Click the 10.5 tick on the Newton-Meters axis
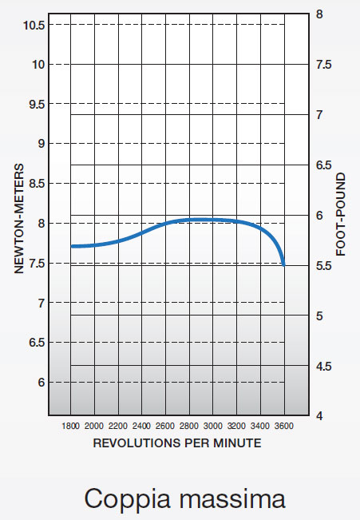coord(34,25)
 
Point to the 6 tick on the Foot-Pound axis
coord(319,216)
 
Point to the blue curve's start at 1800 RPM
coord(72,246)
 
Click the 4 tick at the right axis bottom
coord(319,416)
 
